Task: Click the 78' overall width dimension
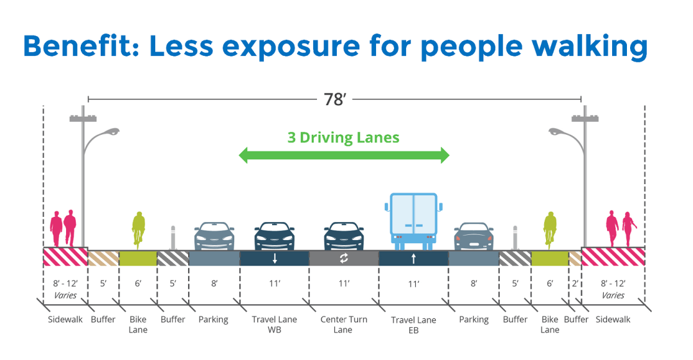click(334, 99)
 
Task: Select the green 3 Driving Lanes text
click(343, 137)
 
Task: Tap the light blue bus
click(413, 221)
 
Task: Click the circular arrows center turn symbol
click(343, 258)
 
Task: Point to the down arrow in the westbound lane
click(275, 259)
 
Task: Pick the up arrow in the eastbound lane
click(413, 259)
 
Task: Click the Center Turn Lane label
click(343, 324)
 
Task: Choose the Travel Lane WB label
click(275, 324)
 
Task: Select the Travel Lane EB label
click(413, 324)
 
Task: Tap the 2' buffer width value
click(575, 283)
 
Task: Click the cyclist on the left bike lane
click(139, 228)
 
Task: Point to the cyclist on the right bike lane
click(550, 228)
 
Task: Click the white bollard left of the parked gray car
click(172, 237)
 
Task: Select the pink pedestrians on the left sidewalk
click(64, 227)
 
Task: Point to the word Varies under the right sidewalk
click(613, 296)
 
